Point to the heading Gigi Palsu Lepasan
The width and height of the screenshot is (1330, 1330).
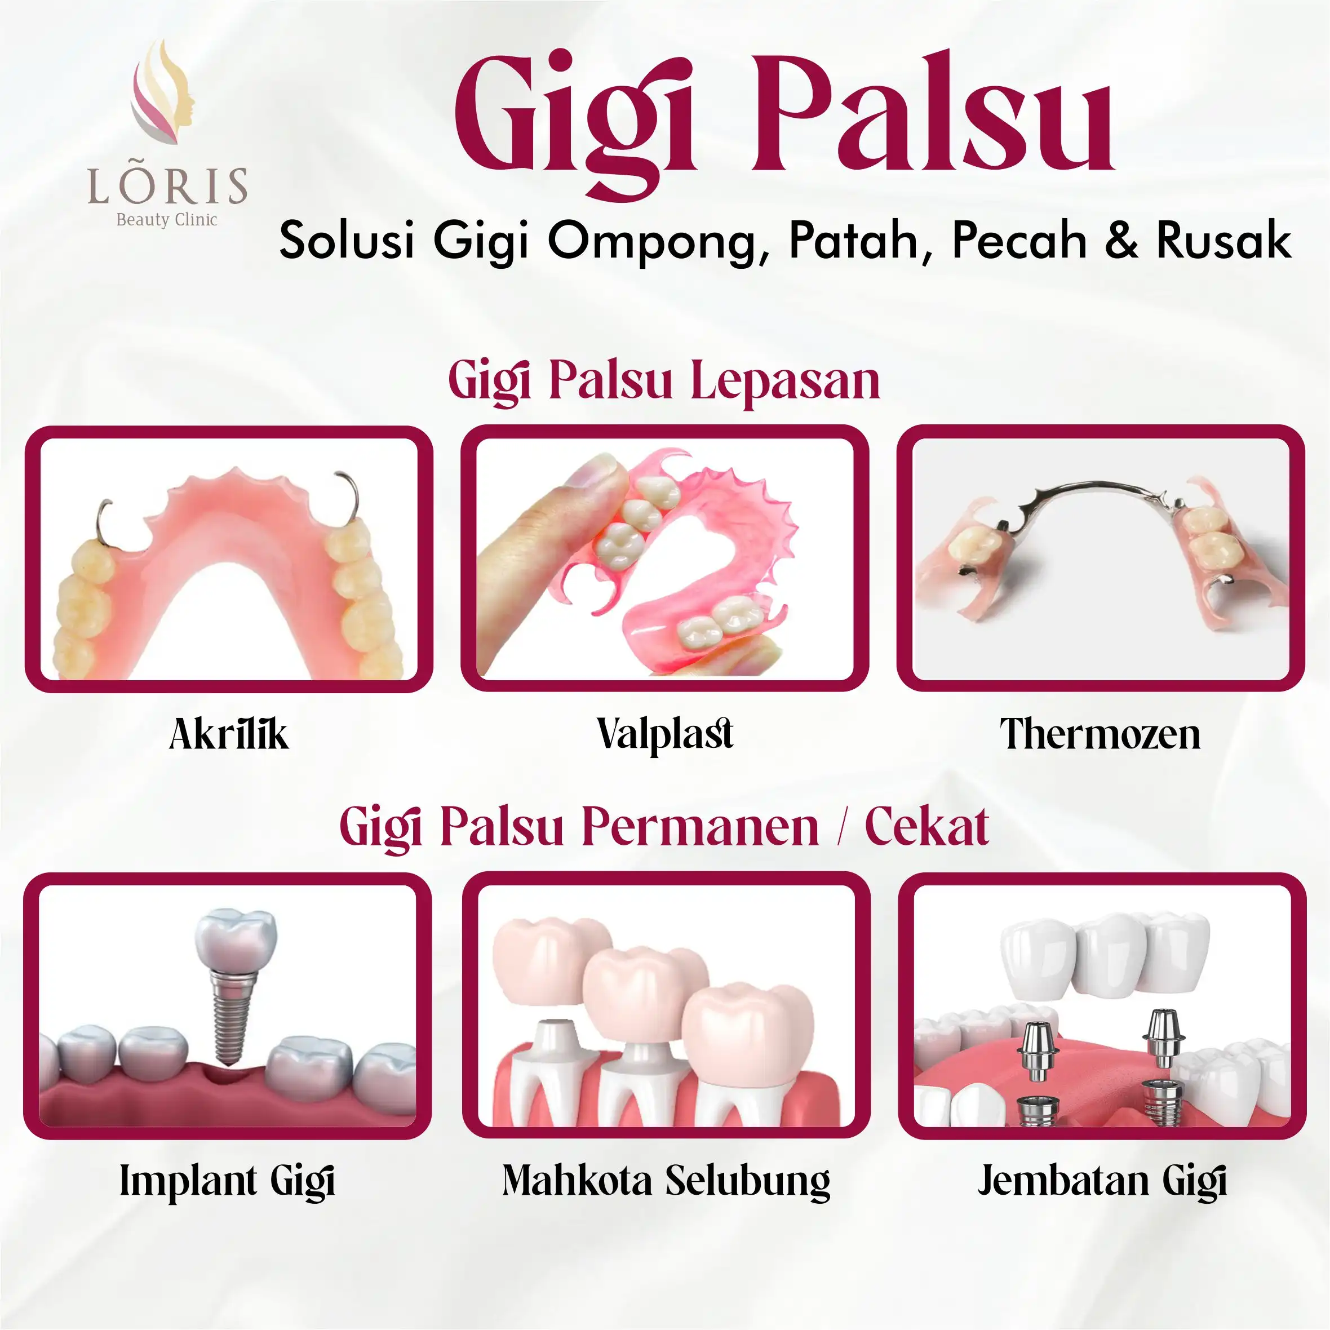pos(664,381)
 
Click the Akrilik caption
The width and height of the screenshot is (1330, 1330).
pos(229,734)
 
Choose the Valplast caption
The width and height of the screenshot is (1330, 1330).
pos(665,734)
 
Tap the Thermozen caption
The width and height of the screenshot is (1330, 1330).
pos(1100,734)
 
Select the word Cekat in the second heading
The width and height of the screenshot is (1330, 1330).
pos(926,826)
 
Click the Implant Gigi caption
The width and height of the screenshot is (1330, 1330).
pos(227,1181)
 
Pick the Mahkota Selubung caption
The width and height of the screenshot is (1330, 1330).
pos(666,1181)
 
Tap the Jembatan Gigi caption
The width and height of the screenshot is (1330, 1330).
pos(1102,1181)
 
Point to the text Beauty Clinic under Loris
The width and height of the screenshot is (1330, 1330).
pos(167,220)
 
